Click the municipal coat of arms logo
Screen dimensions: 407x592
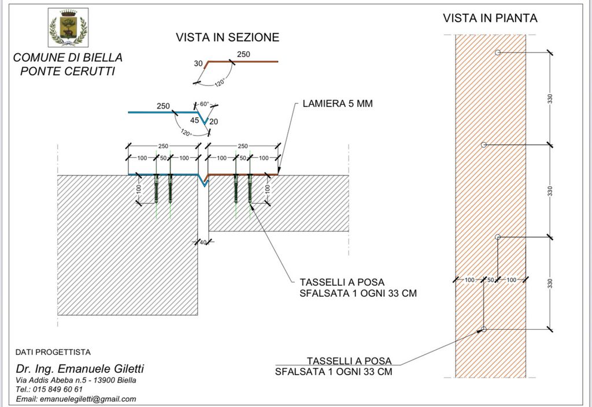68,28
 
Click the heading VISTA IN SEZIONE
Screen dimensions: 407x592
227,38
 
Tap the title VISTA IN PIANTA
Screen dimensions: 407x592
490,18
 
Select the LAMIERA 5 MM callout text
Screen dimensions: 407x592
338,104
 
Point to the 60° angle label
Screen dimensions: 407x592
204,104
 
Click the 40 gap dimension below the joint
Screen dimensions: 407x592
203,242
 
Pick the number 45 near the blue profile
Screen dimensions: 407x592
195,121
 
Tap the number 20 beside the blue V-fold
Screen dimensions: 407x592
214,121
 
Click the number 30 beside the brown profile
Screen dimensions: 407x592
198,64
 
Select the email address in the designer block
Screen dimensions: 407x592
76,399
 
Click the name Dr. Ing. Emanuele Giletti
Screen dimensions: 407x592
80,368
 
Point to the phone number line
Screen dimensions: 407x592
49,389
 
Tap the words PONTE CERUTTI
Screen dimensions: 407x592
68,71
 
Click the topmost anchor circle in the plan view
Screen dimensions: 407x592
498,53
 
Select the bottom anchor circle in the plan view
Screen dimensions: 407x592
484,329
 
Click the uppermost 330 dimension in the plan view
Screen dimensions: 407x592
550,99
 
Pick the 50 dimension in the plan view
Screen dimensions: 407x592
491,280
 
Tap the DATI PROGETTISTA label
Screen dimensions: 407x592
53,352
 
